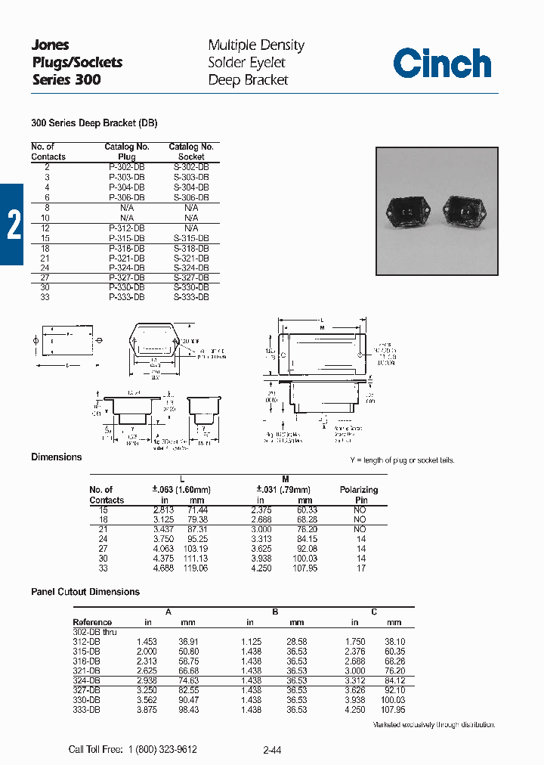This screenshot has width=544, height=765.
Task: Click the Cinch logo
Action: [441, 63]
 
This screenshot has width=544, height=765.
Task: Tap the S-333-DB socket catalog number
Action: [191, 298]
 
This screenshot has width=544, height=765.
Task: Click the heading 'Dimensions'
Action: [56, 457]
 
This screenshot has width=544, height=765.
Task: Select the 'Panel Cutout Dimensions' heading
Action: [85, 592]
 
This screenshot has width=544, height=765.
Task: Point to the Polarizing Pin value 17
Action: [360, 568]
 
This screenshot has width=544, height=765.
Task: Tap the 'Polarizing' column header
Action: [359, 490]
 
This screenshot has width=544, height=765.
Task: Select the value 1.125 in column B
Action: [252, 641]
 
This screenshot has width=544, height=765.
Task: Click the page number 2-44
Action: [272, 750]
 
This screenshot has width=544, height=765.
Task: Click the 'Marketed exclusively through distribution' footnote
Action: [434, 725]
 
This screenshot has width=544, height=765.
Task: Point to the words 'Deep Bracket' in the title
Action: [248, 80]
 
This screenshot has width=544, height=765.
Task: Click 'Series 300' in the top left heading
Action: [66, 79]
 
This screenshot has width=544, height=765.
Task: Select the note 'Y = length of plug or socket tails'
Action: [402, 460]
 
